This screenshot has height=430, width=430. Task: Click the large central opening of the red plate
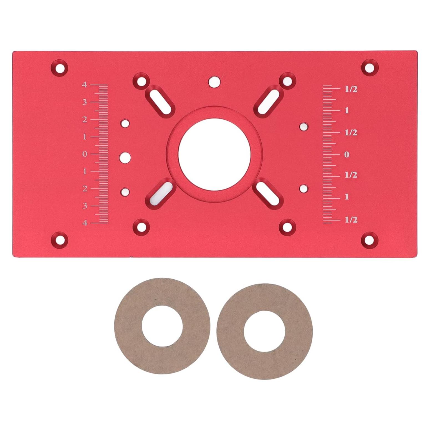tap(214, 155)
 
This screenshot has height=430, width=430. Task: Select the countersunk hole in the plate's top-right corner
tap(370, 67)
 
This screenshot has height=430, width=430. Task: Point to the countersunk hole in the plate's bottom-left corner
tap(60, 239)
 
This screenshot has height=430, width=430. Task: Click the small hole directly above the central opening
tap(214, 82)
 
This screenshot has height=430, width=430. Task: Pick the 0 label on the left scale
tap(85, 154)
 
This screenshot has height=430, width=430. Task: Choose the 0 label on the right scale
tap(346, 155)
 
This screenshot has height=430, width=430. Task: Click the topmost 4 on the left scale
tap(84, 85)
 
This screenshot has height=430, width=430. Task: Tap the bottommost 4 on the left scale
tap(85, 223)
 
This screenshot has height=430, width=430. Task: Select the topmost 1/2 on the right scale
tap(351, 89)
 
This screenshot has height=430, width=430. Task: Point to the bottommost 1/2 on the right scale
tap(351, 220)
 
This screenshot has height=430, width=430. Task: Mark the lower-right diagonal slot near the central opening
tap(268, 193)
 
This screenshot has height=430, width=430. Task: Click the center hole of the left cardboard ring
tap(162, 326)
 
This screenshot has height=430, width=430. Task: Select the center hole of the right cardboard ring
tap(264, 332)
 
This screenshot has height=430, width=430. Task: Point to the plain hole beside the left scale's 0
tap(125, 157)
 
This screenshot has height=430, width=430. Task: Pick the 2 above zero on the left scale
tap(85, 120)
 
